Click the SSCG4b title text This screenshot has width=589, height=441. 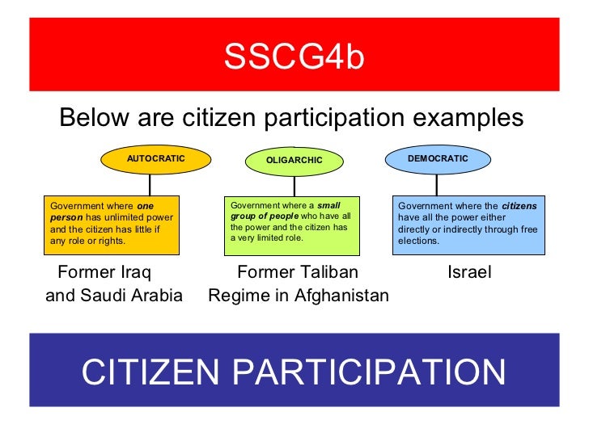pos(294,58)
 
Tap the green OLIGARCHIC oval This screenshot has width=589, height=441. pos(294,161)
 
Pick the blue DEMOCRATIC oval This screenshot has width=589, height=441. pos(437,159)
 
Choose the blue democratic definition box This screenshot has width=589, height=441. pos(469,223)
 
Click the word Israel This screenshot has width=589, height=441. pos(469,272)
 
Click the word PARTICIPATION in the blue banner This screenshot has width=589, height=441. pos(369,372)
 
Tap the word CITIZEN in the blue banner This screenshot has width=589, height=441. pos(150,372)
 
